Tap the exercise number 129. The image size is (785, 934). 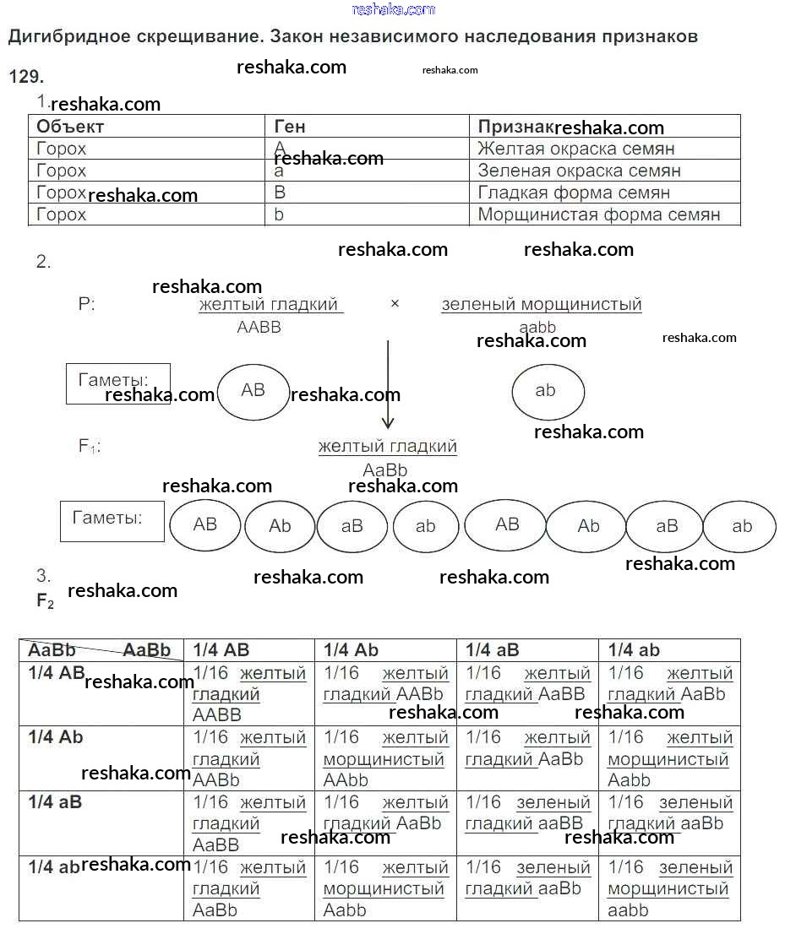(25, 77)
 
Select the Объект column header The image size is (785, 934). (70, 127)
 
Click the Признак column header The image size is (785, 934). (515, 127)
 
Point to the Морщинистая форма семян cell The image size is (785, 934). (598, 214)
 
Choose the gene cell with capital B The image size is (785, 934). (281, 193)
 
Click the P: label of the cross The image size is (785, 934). (87, 305)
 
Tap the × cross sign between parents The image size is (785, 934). (395, 304)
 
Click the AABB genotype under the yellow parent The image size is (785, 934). (259, 328)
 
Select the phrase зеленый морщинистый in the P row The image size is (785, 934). (541, 305)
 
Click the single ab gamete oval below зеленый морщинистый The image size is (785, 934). (547, 390)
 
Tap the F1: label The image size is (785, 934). (90, 447)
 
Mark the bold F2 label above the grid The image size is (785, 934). (45, 602)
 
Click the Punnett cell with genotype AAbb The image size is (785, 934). (384, 758)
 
